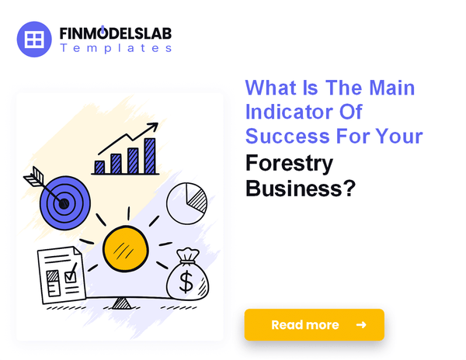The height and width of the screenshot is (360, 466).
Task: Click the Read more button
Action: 314,324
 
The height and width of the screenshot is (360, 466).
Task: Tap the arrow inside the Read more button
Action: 361,324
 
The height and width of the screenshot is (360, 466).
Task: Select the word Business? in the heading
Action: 301,189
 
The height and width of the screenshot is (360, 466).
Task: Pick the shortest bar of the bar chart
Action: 99,166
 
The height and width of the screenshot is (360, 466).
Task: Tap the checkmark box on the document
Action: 71,273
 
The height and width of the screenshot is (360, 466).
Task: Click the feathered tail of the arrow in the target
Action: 33,180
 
